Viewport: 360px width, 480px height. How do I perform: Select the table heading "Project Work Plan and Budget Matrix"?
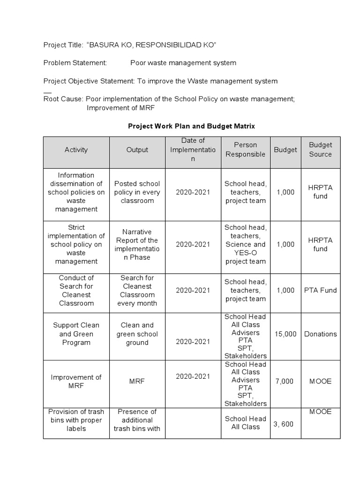[192, 126]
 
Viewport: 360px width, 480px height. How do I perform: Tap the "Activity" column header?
[76, 150]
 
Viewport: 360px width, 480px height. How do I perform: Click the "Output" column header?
[137, 150]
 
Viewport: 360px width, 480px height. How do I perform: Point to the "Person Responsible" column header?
[245, 150]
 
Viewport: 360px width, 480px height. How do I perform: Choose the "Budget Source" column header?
[320, 150]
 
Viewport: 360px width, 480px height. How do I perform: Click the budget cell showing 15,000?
[285, 334]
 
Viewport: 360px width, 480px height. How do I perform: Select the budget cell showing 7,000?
[285, 381]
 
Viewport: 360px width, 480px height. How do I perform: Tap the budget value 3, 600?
[284, 424]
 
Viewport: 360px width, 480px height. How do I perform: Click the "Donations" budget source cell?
[320, 334]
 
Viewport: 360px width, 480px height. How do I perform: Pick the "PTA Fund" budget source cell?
[320, 290]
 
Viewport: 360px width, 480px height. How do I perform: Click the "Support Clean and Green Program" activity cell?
[76, 334]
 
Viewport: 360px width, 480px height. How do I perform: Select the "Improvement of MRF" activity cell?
[76, 382]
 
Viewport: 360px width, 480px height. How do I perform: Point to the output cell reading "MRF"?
[137, 382]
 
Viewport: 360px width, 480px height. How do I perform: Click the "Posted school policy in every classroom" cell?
[137, 192]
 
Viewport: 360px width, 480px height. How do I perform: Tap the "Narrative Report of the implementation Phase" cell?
[137, 244]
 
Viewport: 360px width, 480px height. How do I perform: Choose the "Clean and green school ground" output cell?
[137, 334]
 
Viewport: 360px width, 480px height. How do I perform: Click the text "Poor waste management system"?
[183, 63]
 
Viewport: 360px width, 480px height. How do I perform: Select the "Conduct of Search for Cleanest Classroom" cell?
[76, 290]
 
